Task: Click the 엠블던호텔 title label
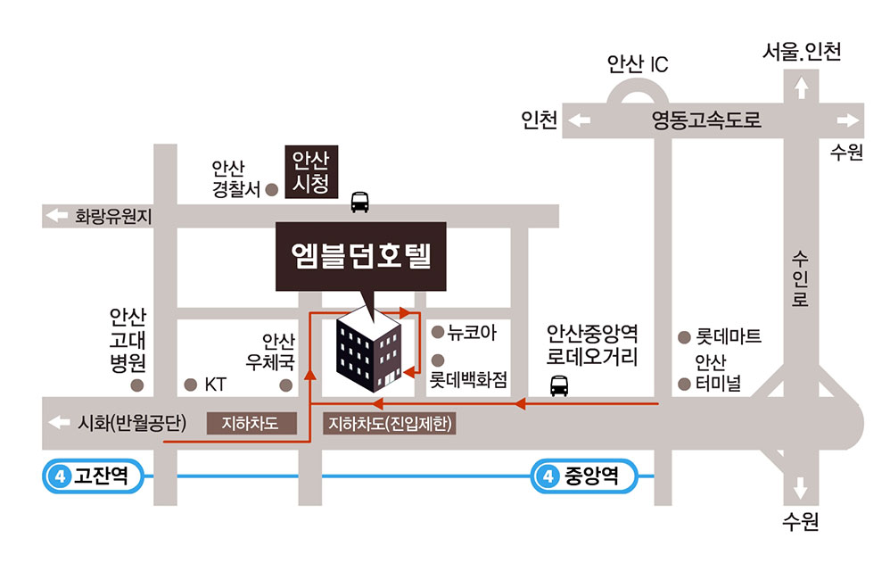click(360, 257)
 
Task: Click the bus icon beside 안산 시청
click(360, 203)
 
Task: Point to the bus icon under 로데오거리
click(559, 385)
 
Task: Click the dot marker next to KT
click(190, 385)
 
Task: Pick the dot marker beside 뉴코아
click(437, 333)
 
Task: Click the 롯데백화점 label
click(468, 380)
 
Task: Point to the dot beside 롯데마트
click(684, 337)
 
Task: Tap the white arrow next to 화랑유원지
click(58, 215)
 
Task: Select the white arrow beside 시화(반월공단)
click(60, 423)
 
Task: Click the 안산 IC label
click(637, 64)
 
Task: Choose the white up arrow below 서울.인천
click(801, 87)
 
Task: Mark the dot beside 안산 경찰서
click(273, 189)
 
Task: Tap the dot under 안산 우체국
click(285, 385)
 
